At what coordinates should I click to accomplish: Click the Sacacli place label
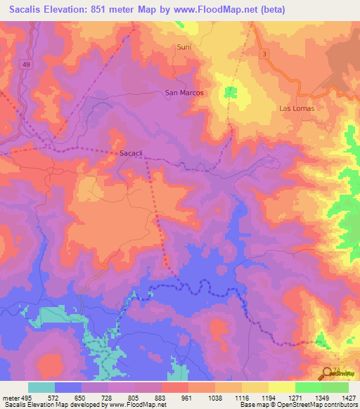point(131,152)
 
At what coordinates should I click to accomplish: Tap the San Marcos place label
point(184,93)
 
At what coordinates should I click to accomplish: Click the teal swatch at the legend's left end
point(41,387)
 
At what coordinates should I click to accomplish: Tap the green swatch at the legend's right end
point(335,387)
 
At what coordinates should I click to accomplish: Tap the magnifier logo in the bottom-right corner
point(328,373)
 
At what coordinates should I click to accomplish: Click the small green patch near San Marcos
point(230,91)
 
